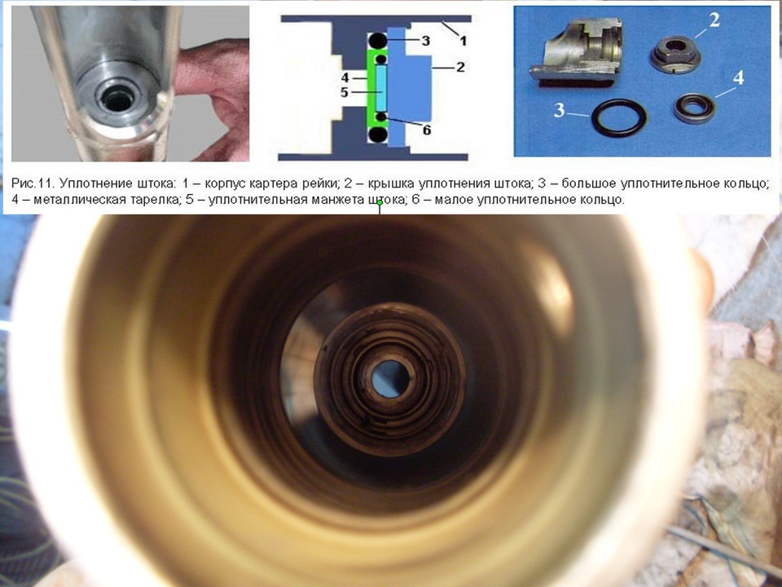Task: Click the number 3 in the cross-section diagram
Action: tap(425, 41)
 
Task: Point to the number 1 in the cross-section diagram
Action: tap(463, 41)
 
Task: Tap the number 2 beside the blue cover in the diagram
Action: tap(460, 67)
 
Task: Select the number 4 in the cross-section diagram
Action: tap(345, 78)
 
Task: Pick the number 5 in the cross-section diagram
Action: tap(345, 92)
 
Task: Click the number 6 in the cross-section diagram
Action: tap(426, 130)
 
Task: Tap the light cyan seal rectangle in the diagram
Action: tap(381, 88)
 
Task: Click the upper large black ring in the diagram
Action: tap(377, 41)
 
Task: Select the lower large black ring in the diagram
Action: tap(377, 135)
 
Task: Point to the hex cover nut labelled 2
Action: tap(675, 55)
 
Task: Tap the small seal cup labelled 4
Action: tap(694, 108)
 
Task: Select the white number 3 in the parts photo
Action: tap(560, 110)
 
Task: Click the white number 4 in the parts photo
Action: tap(738, 78)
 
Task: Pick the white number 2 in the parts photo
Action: tap(714, 20)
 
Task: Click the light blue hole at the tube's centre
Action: tap(390, 378)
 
